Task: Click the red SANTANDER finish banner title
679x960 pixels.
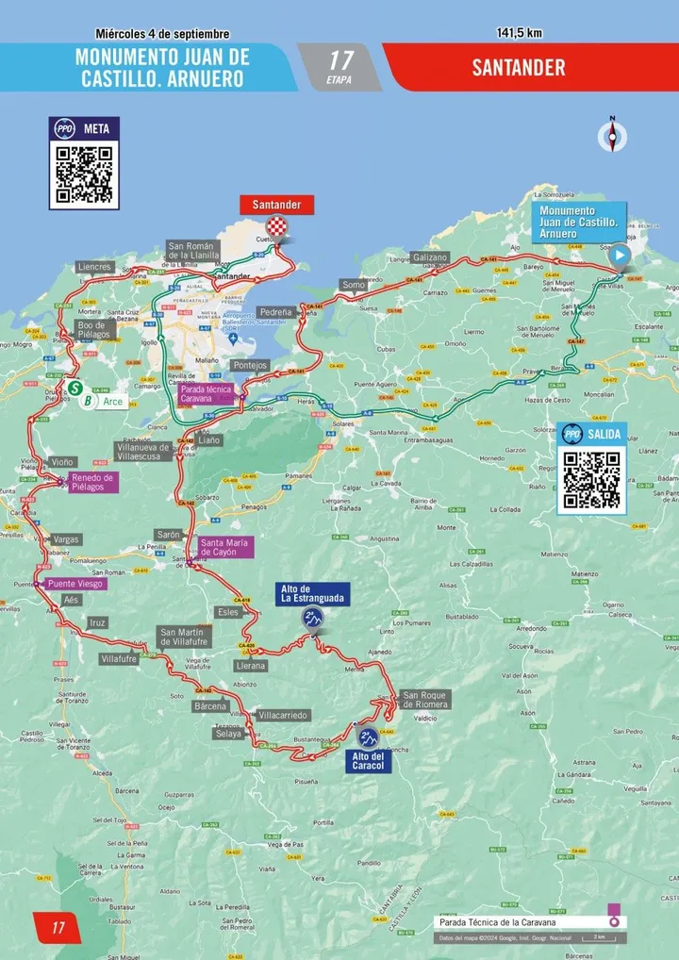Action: coord(520,68)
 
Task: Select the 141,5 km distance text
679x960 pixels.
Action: coord(520,33)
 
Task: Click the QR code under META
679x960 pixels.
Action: coord(84,174)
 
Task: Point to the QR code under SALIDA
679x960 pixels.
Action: coord(591,479)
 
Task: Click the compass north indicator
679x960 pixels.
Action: coord(612,137)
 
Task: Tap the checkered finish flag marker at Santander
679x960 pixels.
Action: coord(276,225)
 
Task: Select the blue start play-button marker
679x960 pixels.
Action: coord(620,255)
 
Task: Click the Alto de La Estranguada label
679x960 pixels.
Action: coord(312,594)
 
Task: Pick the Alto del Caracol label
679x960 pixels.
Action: coord(368,761)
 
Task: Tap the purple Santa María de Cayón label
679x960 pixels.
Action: coord(224,548)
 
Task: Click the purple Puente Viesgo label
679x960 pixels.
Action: coord(76,584)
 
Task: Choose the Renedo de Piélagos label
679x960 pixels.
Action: coord(93,483)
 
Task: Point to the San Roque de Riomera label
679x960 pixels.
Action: coord(425,699)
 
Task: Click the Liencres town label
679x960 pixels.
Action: coord(94,267)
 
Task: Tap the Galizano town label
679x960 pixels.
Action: coord(430,257)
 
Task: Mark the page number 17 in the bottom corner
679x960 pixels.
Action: coord(58,928)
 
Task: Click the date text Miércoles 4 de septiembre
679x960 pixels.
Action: coord(162,34)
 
